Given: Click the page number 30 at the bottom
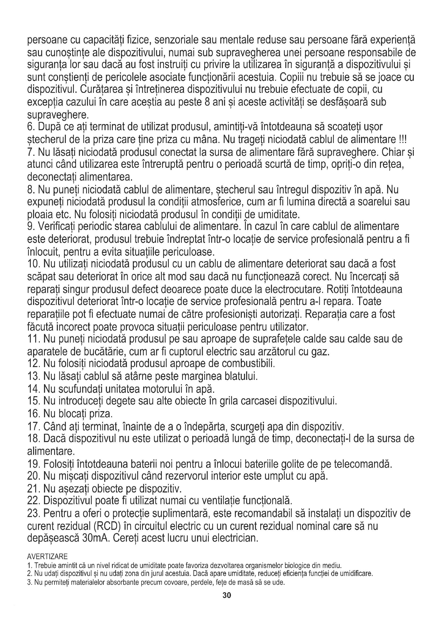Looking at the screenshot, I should pos(227,595).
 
